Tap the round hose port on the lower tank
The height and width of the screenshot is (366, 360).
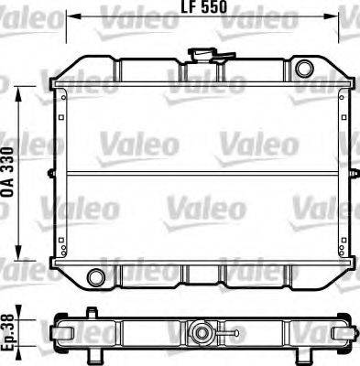pos(93,276)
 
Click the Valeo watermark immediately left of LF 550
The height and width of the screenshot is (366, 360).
pos(127,13)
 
